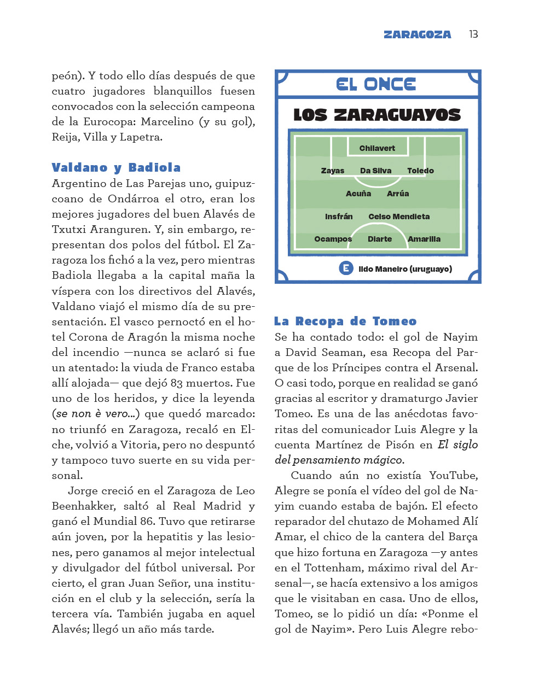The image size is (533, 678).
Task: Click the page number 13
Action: click(x=473, y=34)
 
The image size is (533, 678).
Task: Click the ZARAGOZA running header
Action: click(x=417, y=34)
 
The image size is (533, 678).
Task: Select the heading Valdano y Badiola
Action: click(x=116, y=167)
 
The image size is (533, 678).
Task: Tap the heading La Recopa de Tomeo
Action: click(x=345, y=321)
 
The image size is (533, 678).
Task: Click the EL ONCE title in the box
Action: click(x=376, y=84)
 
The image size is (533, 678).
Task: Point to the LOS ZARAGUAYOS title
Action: click(x=377, y=115)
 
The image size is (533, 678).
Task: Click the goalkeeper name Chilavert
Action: click(x=377, y=148)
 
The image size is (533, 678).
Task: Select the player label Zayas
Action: click(x=333, y=171)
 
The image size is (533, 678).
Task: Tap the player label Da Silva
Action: click(x=375, y=171)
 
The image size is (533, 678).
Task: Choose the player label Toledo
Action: click(x=420, y=171)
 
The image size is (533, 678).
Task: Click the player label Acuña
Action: click(x=358, y=194)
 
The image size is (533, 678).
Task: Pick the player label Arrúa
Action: click(x=398, y=194)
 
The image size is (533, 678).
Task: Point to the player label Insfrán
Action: click(x=339, y=217)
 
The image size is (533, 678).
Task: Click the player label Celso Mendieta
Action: click(x=399, y=217)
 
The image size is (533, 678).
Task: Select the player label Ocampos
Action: click(x=333, y=239)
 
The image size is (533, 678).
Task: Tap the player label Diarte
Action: click(x=380, y=239)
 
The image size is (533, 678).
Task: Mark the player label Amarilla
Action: click(x=424, y=239)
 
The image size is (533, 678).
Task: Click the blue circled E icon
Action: click(x=346, y=268)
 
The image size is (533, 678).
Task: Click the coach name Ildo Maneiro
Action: click(x=383, y=269)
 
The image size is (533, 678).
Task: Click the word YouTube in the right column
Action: click(x=453, y=475)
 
